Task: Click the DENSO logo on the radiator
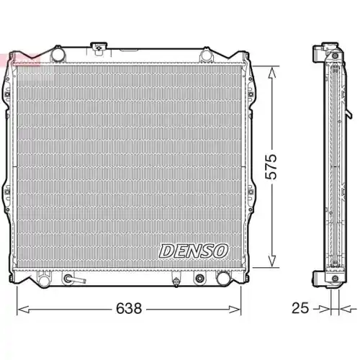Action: click(x=193, y=251)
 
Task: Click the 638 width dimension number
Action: click(x=130, y=308)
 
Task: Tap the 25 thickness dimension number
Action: click(x=301, y=308)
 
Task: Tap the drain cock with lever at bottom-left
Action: click(x=71, y=279)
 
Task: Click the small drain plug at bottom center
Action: click(x=175, y=279)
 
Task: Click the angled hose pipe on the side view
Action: click(x=349, y=114)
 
